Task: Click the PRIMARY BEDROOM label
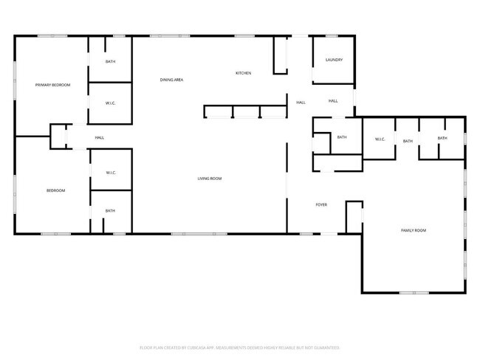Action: (53, 86)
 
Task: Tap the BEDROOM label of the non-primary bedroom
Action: (56, 190)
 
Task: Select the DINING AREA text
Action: (172, 79)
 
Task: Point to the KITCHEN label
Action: (244, 73)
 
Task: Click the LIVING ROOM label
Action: (209, 179)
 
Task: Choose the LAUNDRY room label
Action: (334, 60)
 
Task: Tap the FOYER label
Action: (321, 204)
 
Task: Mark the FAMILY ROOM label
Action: (414, 230)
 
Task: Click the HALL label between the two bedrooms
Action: (99, 137)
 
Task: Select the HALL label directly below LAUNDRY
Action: (333, 101)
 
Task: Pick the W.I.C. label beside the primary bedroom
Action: (110, 103)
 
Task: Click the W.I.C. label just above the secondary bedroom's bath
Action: (110, 173)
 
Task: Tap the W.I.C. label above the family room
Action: (380, 139)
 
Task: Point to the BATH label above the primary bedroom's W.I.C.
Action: (110, 62)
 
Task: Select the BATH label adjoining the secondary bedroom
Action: (110, 211)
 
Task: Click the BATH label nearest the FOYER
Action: (342, 137)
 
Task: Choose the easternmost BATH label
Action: (442, 138)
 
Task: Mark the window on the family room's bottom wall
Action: (414, 293)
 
